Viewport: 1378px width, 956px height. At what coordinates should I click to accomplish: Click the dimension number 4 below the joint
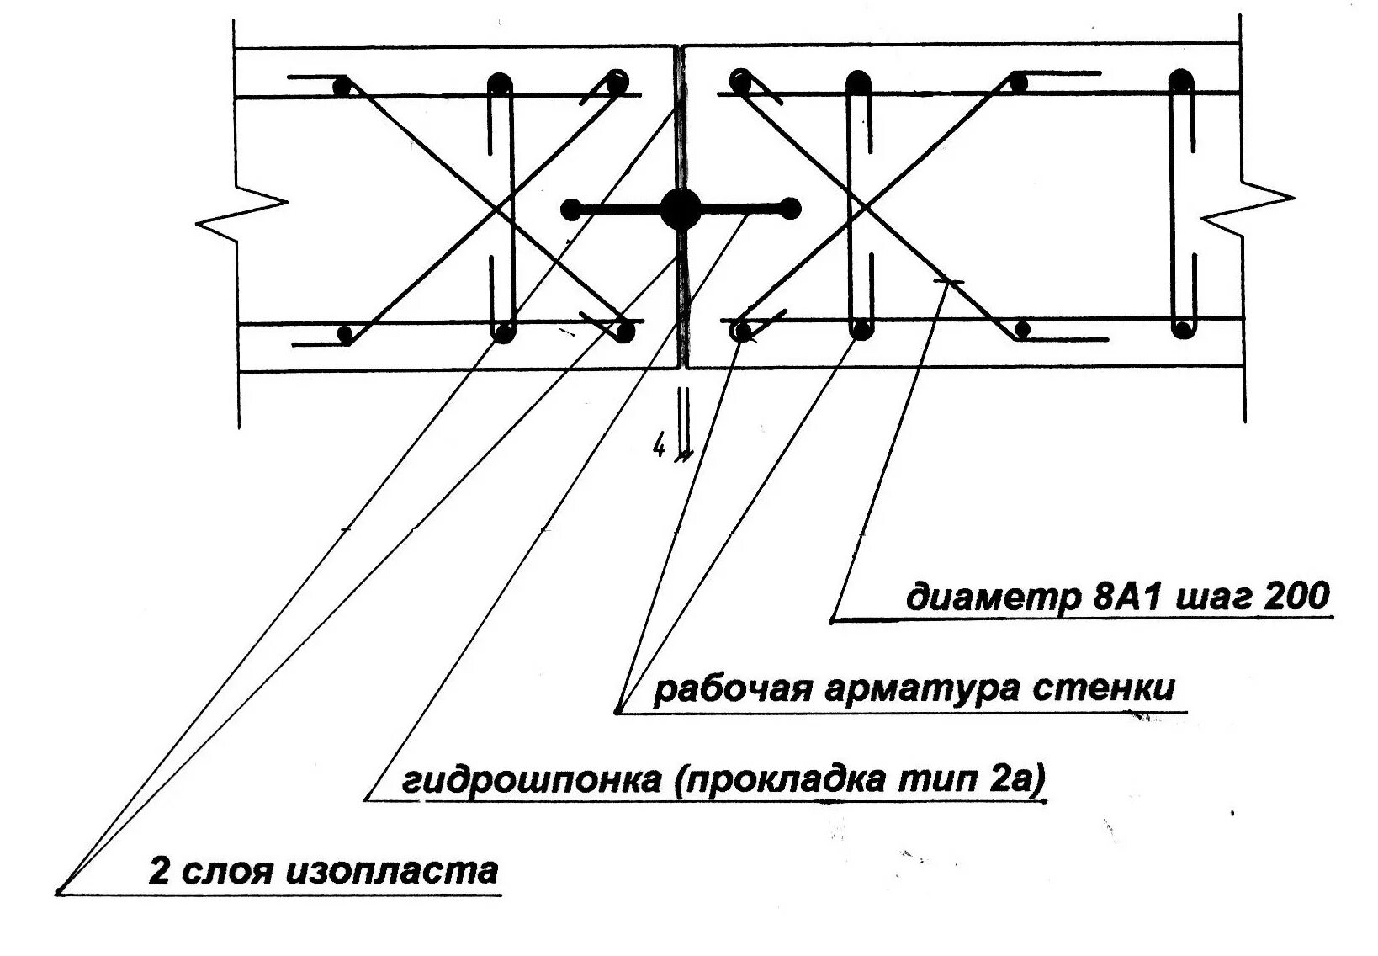point(659,448)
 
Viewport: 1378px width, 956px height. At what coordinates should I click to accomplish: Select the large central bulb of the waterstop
point(681,209)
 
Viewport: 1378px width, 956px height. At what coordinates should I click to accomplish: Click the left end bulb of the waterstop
point(571,209)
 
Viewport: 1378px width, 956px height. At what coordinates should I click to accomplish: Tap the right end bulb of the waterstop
point(790,207)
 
